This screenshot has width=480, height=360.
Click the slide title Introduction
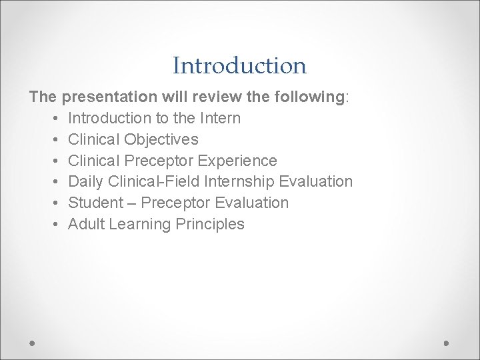click(x=239, y=66)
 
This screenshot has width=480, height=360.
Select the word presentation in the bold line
click(x=109, y=97)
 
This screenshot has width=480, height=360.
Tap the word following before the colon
click(x=307, y=97)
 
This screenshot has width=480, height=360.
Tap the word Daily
click(x=87, y=181)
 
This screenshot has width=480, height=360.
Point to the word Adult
click(x=86, y=224)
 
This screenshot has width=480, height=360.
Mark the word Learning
click(x=140, y=224)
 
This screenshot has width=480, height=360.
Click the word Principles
click(x=210, y=224)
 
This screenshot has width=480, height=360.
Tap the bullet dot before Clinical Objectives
click(x=53, y=140)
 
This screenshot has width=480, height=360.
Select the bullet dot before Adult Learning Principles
click(x=53, y=225)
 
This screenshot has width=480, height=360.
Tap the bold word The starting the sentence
click(x=43, y=97)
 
